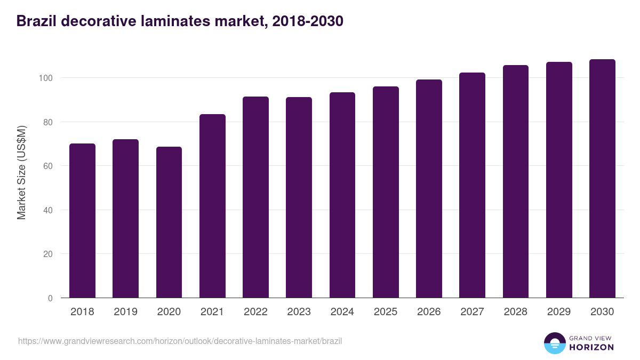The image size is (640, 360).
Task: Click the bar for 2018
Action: pos(82,221)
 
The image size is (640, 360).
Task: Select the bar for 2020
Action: pos(169,222)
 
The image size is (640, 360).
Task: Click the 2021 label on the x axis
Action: pos(212,312)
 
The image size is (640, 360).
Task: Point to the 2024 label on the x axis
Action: pos(342,312)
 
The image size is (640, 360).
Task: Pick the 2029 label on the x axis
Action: pos(559,312)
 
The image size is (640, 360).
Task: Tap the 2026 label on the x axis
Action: pos(429,312)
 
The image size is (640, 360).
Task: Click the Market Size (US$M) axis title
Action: pos(21,172)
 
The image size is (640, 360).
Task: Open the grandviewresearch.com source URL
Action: pos(180,341)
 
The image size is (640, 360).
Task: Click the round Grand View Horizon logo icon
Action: pos(554,343)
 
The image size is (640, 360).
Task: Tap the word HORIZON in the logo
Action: pos(591,347)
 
